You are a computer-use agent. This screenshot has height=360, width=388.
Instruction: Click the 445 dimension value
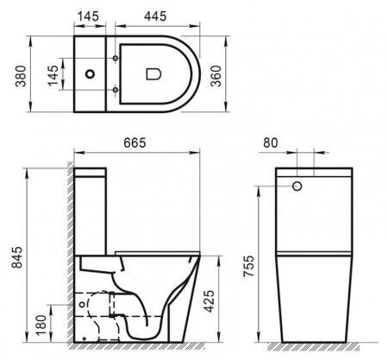[156, 16]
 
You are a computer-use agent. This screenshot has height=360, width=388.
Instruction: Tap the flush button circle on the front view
[297, 185]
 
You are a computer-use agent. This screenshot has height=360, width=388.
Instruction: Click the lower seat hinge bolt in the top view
[113, 91]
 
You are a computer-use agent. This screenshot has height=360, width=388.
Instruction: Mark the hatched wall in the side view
[69, 259]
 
